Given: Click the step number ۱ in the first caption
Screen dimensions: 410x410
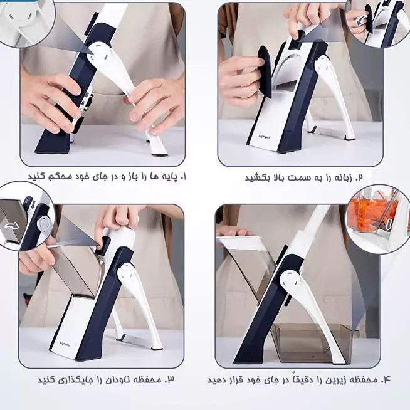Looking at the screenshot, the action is point(183,177).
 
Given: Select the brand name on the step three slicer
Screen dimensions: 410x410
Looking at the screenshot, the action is point(64,343).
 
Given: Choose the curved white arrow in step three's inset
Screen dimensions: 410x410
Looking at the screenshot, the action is point(11,226).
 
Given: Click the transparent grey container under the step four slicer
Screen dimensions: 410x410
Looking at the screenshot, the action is point(312,343).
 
